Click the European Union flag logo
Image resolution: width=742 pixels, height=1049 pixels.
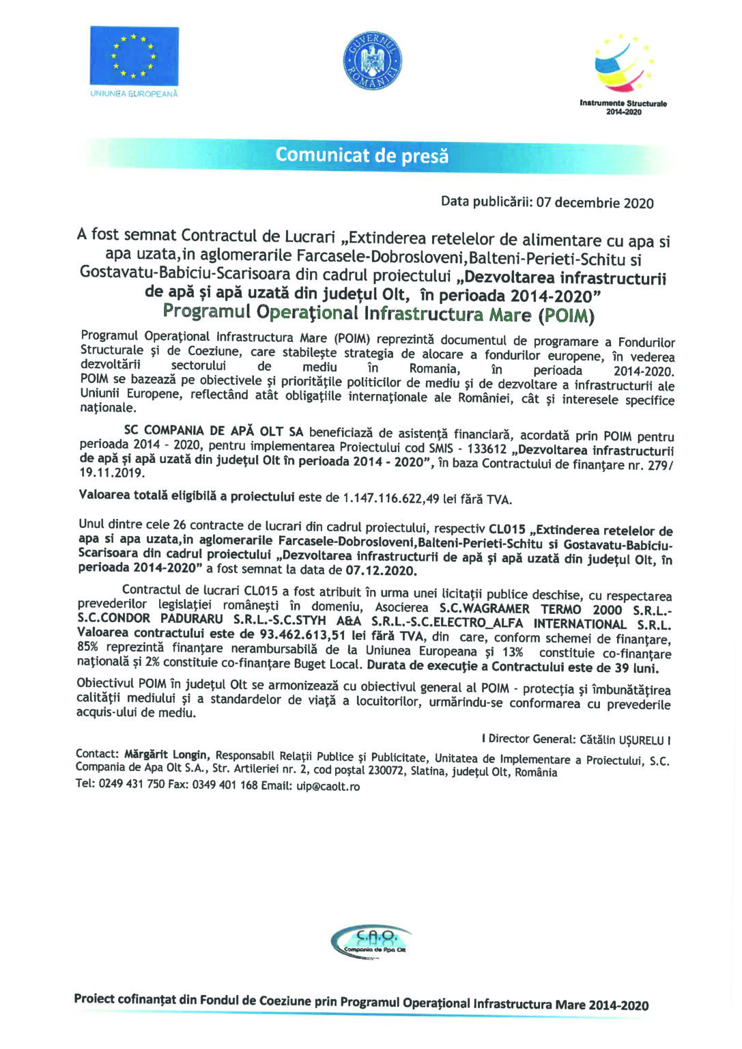coord(134,57)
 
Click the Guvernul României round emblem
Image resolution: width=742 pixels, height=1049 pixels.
coord(372,60)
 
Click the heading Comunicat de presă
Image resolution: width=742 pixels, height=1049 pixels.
coord(362,156)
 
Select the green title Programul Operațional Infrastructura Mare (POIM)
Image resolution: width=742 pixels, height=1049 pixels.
coord(378,314)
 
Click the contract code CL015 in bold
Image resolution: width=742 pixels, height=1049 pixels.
coord(507,530)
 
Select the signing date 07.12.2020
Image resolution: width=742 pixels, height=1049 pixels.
coord(381,570)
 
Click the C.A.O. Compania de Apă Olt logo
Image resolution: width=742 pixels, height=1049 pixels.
coord(371,942)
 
